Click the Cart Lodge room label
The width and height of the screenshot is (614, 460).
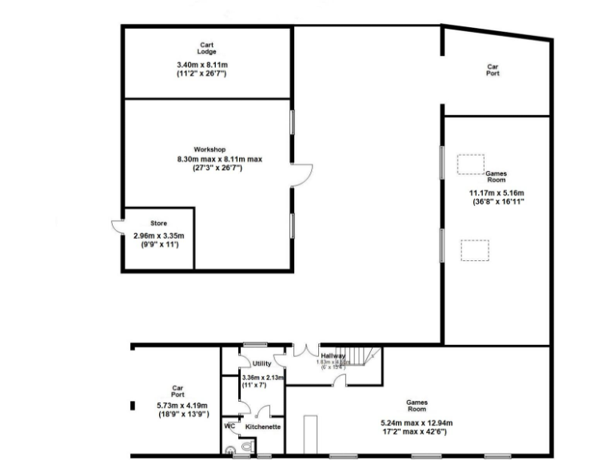207,48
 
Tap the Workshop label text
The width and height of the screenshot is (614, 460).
209,149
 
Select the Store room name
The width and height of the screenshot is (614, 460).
159,223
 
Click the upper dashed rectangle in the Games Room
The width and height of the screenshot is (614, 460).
469,163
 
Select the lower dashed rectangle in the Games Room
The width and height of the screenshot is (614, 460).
473,250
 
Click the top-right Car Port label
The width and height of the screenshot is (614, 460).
494,70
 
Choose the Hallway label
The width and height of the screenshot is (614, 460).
332,355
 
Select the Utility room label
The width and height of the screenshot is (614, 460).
261,363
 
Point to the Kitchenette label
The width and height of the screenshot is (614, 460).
263,427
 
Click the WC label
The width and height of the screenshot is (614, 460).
229,426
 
